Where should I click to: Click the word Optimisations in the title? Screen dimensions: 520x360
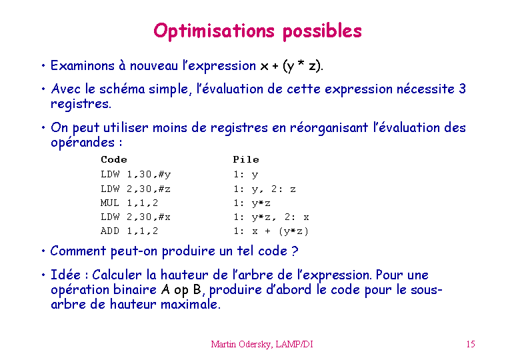(214, 31)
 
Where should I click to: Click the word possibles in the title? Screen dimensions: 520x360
(322, 31)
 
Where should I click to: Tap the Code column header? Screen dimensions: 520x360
(114, 159)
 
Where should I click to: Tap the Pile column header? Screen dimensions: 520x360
(246, 159)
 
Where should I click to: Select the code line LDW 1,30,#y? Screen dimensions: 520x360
(135, 175)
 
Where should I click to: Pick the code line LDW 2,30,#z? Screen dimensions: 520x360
(135, 189)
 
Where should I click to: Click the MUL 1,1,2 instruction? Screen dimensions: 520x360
(129, 203)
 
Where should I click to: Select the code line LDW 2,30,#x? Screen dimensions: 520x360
(135, 217)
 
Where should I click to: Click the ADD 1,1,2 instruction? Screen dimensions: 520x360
(129, 231)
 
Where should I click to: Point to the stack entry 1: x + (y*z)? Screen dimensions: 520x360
(271, 231)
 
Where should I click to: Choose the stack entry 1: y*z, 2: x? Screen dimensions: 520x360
(271, 217)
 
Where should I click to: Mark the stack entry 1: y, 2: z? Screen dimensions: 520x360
(264, 189)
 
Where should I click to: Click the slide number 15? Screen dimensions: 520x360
(471, 344)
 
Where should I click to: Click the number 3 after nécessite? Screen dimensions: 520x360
(462, 89)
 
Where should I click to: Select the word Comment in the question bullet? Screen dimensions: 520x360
(78, 251)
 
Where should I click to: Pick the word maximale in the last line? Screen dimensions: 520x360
(191, 304)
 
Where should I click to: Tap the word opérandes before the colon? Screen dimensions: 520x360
(83, 143)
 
